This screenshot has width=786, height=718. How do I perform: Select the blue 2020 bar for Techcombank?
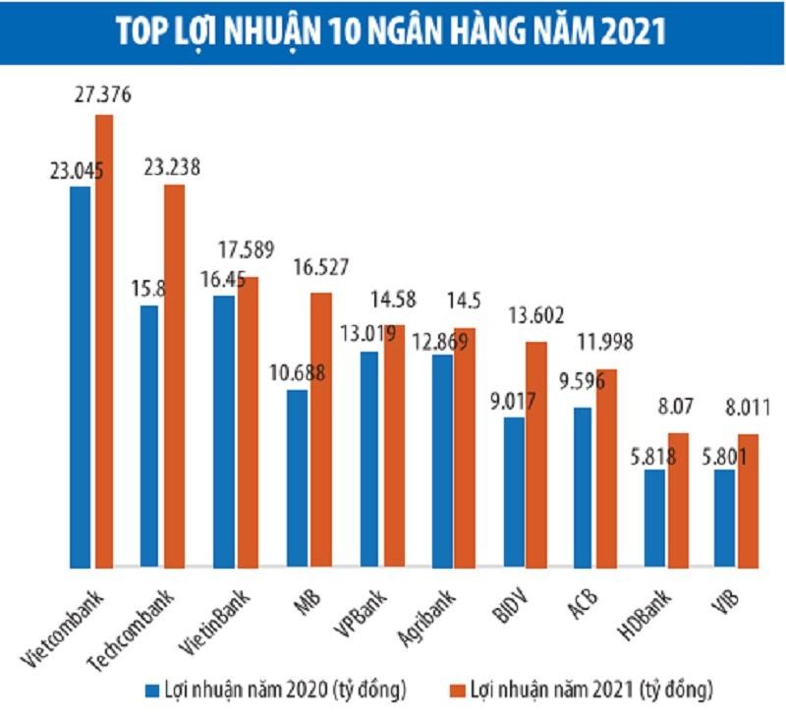pos(150,436)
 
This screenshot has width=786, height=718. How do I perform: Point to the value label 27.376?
pos(103,96)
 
